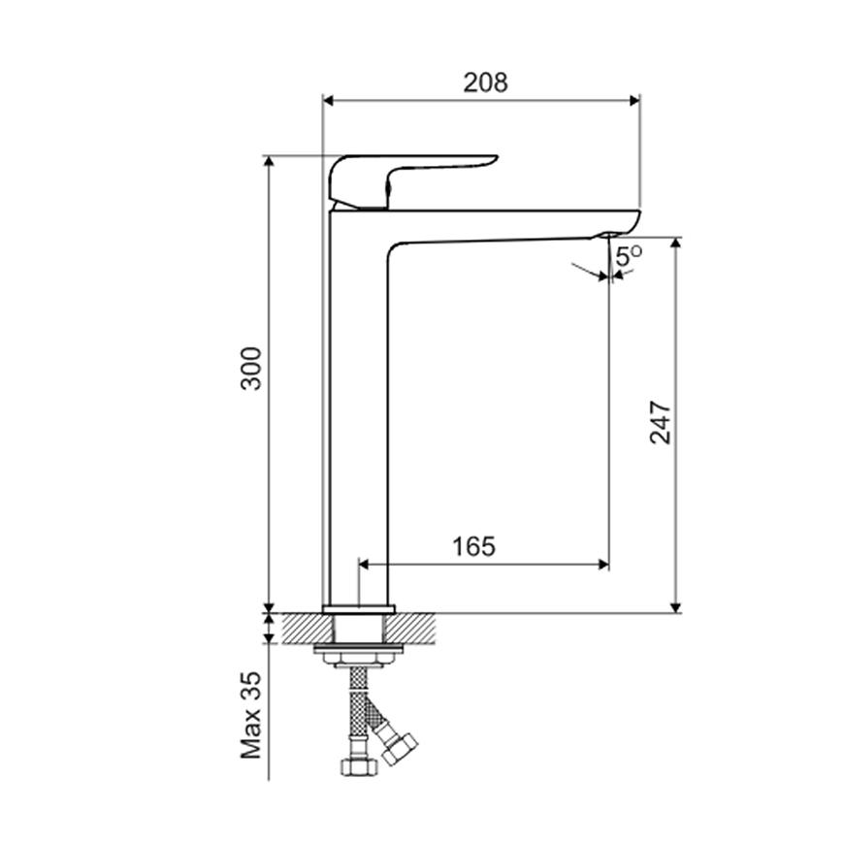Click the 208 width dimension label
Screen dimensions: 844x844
[x=485, y=82]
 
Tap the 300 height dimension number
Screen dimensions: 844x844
[x=251, y=369]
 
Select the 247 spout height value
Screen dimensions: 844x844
[x=661, y=423]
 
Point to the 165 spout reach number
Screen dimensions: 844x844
[x=473, y=546]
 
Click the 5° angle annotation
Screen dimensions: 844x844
[x=629, y=256]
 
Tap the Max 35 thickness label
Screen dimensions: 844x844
[x=251, y=715]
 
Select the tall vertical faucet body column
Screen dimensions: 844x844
[x=358, y=409]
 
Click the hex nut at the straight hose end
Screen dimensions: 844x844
[x=359, y=766]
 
